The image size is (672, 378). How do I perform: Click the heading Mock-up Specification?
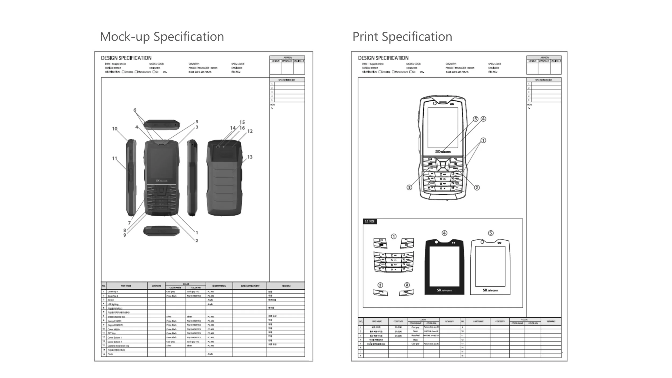tap(162, 37)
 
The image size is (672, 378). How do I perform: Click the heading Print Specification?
tap(402, 37)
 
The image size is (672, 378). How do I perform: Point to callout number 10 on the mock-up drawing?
tap(115, 129)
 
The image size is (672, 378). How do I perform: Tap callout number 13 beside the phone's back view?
tap(250, 157)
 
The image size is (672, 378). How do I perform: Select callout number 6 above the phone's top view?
tap(135, 110)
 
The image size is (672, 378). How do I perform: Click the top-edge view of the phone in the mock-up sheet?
tap(162, 124)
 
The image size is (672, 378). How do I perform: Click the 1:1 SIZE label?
tap(370, 221)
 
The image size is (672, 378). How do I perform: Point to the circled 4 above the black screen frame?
tap(444, 233)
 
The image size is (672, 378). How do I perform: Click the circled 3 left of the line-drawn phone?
tap(409, 187)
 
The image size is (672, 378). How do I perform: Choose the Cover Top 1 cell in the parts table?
tap(113, 292)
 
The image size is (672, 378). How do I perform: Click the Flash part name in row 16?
tap(110, 354)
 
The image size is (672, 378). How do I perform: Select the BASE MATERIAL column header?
tap(219, 286)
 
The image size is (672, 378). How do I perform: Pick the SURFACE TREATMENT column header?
tap(250, 286)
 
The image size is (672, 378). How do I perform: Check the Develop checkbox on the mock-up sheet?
tap(123, 72)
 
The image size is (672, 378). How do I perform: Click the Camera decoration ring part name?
tap(118, 346)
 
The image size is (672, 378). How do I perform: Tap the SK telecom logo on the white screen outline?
tap(490, 290)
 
